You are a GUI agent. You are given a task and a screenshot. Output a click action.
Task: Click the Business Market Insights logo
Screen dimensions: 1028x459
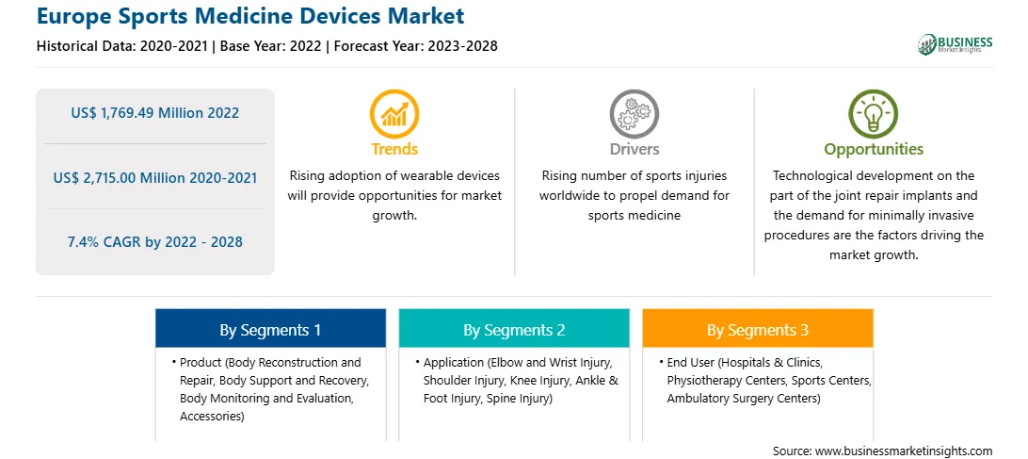pos(955,44)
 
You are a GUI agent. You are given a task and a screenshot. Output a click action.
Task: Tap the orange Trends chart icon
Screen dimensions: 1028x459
pos(394,114)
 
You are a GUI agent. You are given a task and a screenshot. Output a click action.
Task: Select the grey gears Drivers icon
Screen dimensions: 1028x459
pos(634,114)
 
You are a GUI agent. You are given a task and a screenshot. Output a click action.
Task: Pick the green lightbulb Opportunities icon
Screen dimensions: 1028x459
pos(874,114)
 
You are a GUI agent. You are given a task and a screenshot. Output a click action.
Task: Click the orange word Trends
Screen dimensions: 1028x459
pos(394,149)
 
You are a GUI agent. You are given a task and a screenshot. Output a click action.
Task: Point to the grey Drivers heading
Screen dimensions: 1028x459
pos(634,149)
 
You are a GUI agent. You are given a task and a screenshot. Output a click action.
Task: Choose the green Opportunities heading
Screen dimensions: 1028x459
pos(874,150)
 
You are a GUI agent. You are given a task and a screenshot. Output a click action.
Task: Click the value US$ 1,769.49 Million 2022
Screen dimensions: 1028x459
pos(154,113)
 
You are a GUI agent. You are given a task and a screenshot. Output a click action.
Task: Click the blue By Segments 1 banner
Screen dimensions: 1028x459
pos(270,328)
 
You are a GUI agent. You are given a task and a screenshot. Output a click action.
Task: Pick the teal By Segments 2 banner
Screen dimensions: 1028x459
pos(514,328)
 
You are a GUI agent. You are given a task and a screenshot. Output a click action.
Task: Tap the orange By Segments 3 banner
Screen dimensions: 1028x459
pos(757,328)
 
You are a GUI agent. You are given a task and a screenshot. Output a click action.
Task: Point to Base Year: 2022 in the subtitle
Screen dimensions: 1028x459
pos(271,46)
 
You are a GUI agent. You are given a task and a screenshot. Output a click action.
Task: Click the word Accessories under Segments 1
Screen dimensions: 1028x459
pos(212,417)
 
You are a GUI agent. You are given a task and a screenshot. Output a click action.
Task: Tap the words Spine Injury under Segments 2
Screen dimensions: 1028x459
pos(517,399)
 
